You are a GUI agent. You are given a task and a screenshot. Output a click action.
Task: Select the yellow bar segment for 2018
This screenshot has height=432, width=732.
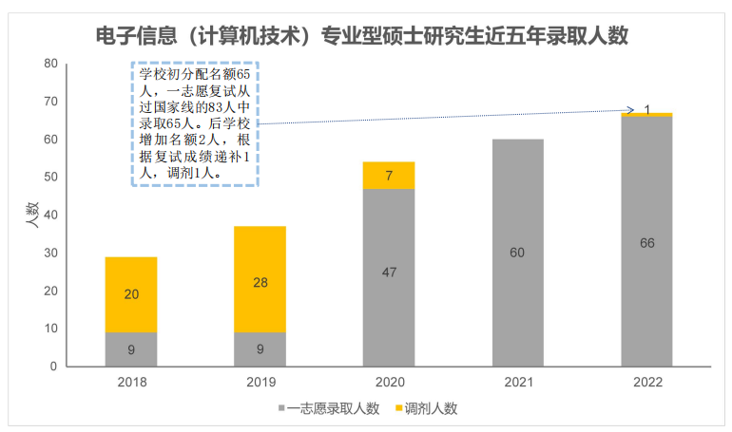(x=131, y=294)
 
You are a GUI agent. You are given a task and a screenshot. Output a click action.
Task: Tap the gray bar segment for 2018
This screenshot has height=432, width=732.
(x=131, y=348)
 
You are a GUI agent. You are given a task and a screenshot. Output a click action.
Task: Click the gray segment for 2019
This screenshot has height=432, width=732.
(x=260, y=348)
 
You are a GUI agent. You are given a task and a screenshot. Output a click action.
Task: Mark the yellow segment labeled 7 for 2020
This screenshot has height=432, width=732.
(x=389, y=176)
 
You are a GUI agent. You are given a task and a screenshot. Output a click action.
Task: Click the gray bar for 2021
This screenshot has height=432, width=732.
(x=518, y=253)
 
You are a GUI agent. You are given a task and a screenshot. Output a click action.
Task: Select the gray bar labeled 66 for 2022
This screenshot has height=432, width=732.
(x=646, y=242)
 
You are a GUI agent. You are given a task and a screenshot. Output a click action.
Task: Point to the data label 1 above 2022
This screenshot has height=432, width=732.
(x=647, y=110)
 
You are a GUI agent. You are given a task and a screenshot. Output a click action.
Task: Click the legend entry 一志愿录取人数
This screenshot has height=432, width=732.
(x=328, y=408)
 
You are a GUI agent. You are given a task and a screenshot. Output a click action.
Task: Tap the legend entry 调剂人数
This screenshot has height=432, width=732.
(x=425, y=408)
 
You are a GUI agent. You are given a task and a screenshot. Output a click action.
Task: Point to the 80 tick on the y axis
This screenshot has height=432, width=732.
(x=50, y=64)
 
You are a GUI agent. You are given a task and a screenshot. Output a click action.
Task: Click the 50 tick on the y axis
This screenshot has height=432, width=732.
(x=50, y=178)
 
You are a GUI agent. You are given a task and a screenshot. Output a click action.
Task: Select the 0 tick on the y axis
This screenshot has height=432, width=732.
(x=54, y=366)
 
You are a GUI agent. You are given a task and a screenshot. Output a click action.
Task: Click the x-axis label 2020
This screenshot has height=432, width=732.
(x=389, y=383)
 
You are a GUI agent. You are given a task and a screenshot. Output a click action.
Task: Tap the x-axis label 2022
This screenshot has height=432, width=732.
(x=646, y=383)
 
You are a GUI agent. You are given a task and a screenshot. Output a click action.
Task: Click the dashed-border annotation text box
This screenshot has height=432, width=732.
(x=194, y=123)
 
